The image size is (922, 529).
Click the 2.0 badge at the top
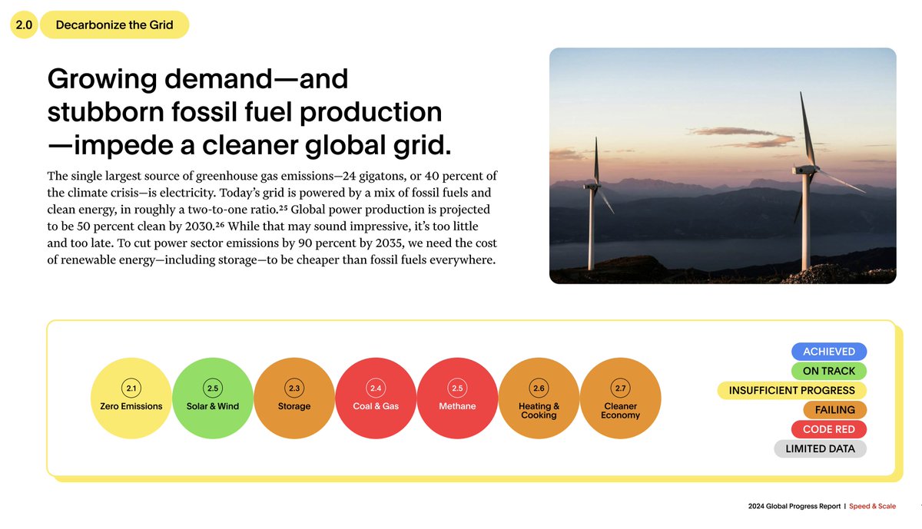coord(23,25)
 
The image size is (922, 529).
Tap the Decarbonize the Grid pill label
coord(114,25)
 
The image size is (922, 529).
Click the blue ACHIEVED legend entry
coord(828,352)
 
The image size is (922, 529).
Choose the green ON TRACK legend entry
coord(828,371)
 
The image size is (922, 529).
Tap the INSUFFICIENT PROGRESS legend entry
coord(791,391)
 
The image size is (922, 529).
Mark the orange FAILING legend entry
coord(835,410)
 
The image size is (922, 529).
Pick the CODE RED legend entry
coord(828,429)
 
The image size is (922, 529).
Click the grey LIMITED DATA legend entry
coord(820,449)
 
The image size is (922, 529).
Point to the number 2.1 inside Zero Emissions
coord(131,388)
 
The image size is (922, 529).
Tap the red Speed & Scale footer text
coord(872,507)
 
